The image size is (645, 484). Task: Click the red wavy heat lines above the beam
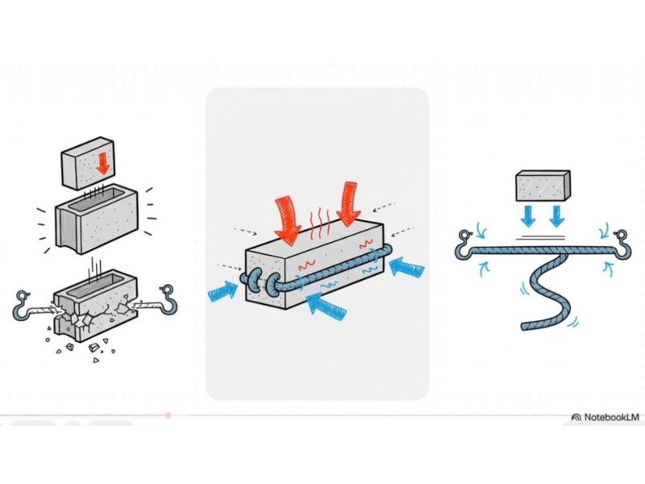320,223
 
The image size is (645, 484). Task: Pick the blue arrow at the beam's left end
223,291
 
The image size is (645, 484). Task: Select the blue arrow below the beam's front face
327,306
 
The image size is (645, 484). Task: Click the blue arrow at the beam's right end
406,269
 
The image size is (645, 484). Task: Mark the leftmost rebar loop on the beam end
252,281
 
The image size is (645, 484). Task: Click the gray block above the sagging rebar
543,186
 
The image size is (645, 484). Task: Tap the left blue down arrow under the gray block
528,215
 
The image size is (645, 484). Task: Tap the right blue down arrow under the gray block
556,215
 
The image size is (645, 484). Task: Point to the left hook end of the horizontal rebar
467,246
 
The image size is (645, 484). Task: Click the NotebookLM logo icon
576,417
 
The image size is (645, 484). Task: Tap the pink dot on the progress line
169,415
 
